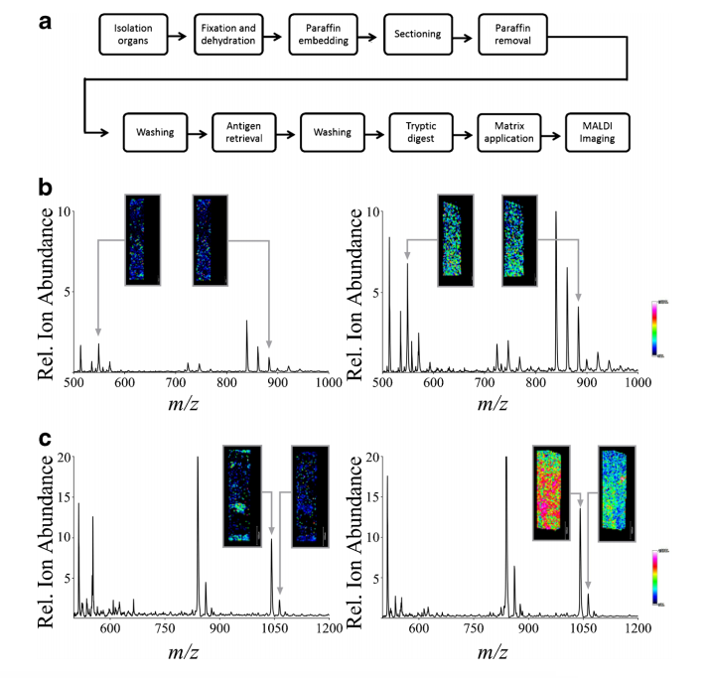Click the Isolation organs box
(x=134, y=36)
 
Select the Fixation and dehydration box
(x=228, y=36)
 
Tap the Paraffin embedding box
(x=324, y=36)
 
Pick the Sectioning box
(x=418, y=36)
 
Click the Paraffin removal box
(x=512, y=36)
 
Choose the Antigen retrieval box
(x=242, y=132)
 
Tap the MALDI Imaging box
(x=598, y=132)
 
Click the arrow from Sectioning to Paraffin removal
(x=465, y=36)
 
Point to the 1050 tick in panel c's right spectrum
(x=581, y=629)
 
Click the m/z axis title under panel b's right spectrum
(x=508, y=403)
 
